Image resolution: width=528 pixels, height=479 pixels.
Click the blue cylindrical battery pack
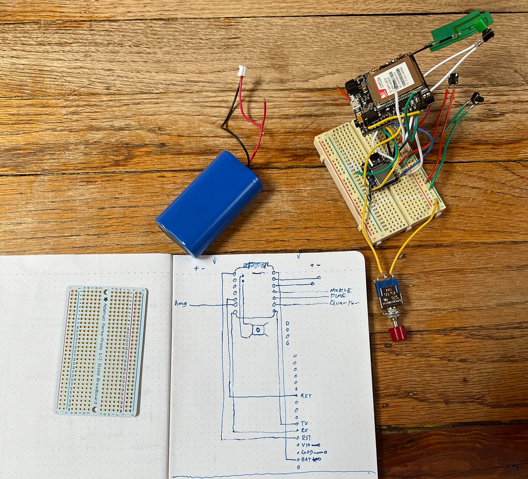[x=209, y=203]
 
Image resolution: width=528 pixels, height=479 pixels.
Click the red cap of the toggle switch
[x=398, y=333]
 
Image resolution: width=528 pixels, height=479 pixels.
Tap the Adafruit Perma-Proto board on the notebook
[x=101, y=351]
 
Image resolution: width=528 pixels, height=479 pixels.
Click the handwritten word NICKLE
[x=341, y=291]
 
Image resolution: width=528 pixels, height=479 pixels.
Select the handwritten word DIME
[x=338, y=297]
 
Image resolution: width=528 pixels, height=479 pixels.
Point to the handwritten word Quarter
[x=344, y=303]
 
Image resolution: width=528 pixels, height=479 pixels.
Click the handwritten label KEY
[x=306, y=396]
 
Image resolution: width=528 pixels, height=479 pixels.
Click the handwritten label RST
[x=306, y=438]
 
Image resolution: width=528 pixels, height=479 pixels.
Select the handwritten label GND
[x=306, y=452]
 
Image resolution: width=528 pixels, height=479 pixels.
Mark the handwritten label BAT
[x=306, y=459]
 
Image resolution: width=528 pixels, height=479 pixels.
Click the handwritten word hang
[x=181, y=303]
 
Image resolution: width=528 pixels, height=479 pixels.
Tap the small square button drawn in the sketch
[x=258, y=330]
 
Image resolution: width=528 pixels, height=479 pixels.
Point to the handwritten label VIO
[x=306, y=445]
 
